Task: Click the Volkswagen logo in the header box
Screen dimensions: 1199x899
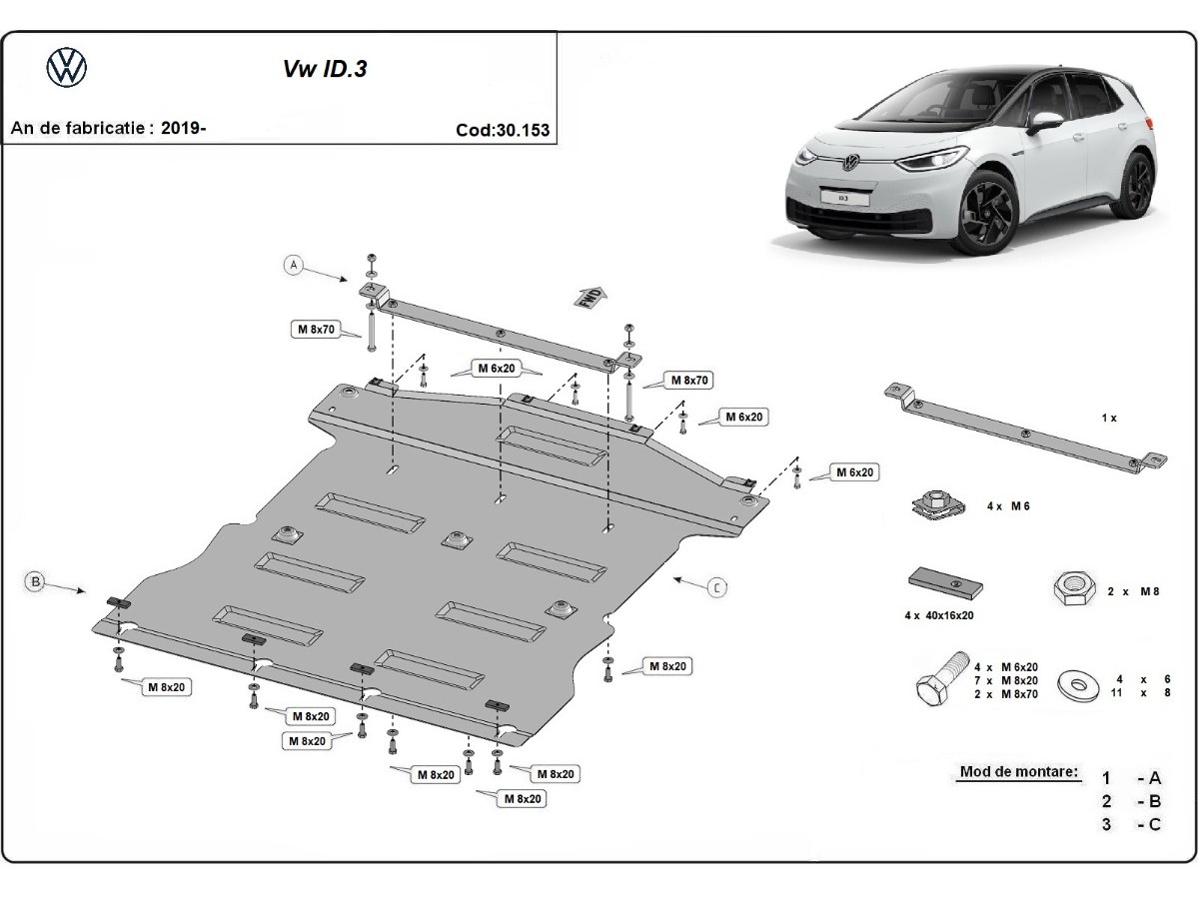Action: point(67,68)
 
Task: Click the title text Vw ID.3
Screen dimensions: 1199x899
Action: point(325,69)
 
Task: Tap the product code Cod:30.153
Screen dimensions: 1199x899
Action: point(503,130)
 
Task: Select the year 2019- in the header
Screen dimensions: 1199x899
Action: point(184,128)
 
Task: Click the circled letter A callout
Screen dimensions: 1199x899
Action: point(294,266)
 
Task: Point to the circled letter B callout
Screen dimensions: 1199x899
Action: point(36,582)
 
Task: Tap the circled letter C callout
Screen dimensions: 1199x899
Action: point(717,587)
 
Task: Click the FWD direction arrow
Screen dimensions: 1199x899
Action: point(590,297)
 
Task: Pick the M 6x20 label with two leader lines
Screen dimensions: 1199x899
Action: point(497,369)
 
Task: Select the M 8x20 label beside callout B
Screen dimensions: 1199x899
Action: point(167,687)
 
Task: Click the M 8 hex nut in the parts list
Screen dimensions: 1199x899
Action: point(1074,588)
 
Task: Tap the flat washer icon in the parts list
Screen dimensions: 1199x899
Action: point(1078,685)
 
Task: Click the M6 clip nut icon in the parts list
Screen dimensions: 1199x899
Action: point(938,504)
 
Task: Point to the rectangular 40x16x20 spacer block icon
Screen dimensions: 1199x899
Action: point(945,585)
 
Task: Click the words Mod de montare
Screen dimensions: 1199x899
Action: point(1019,771)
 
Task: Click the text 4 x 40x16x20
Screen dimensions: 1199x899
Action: point(939,615)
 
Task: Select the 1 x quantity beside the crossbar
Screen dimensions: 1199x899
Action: point(1109,418)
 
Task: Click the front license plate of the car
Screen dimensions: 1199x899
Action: point(844,198)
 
